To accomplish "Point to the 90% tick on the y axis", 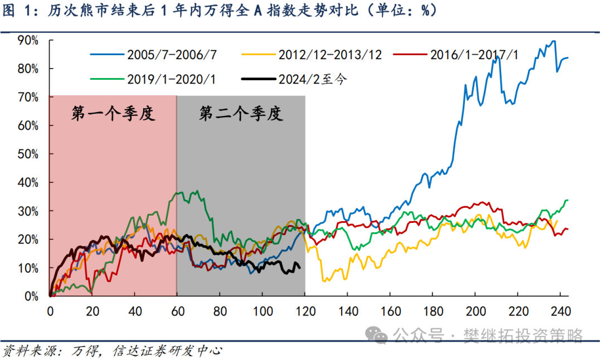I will (x=27, y=40).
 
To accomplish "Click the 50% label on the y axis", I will (x=27, y=154).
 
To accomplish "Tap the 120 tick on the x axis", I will (x=305, y=310).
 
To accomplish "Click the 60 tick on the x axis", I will (x=177, y=310).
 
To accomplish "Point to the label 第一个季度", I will (x=113, y=114).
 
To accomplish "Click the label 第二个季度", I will (x=241, y=114).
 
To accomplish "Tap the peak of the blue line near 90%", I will (x=553, y=41).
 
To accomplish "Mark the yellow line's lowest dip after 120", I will (x=326, y=281).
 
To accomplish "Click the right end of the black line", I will (x=300, y=268).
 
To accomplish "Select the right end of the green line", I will (x=567, y=200).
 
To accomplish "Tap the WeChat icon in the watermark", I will (x=380, y=335).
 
